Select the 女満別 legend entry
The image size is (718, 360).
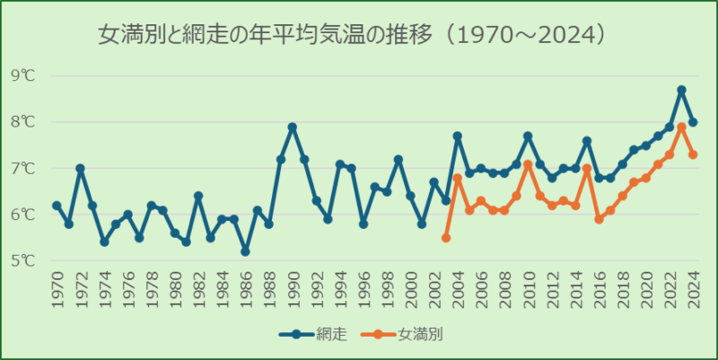pyautogui.click(x=408, y=335)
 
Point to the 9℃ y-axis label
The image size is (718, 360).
pyautogui.click(x=23, y=75)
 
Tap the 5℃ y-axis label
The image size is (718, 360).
pyautogui.click(x=23, y=261)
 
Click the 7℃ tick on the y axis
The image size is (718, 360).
pyautogui.click(x=23, y=169)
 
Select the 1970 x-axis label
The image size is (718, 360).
pyautogui.click(x=57, y=291)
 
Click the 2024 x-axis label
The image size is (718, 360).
pyautogui.click(x=693, y=291)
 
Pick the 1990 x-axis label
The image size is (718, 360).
pyautogui.click(x=293, y=291)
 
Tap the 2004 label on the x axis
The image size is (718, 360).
pyautogui.click(x=458, y=291)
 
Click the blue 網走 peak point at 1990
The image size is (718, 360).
pyautogui.click(x=293, y=127)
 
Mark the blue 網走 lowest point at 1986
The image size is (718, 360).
pyautogui.click(x=245, y=251)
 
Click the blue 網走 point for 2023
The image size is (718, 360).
pyautogui.click(x=681, y=90)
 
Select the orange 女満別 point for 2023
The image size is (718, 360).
pyautogui.click(x=681, y=127)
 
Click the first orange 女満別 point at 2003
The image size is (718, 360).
pyautogui.click(x=446, y=238)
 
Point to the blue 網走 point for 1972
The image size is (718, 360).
pyautogui.click(x=80, y=168)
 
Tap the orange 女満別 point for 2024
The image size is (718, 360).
pyautogui.click(x=693, y=154)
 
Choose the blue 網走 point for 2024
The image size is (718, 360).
pyautogui.click(x=693, y=122)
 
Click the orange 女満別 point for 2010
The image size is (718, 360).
pyautogui.click(x=528, y=164)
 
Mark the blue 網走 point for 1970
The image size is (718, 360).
pyautogui.click(x=57, y=206)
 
